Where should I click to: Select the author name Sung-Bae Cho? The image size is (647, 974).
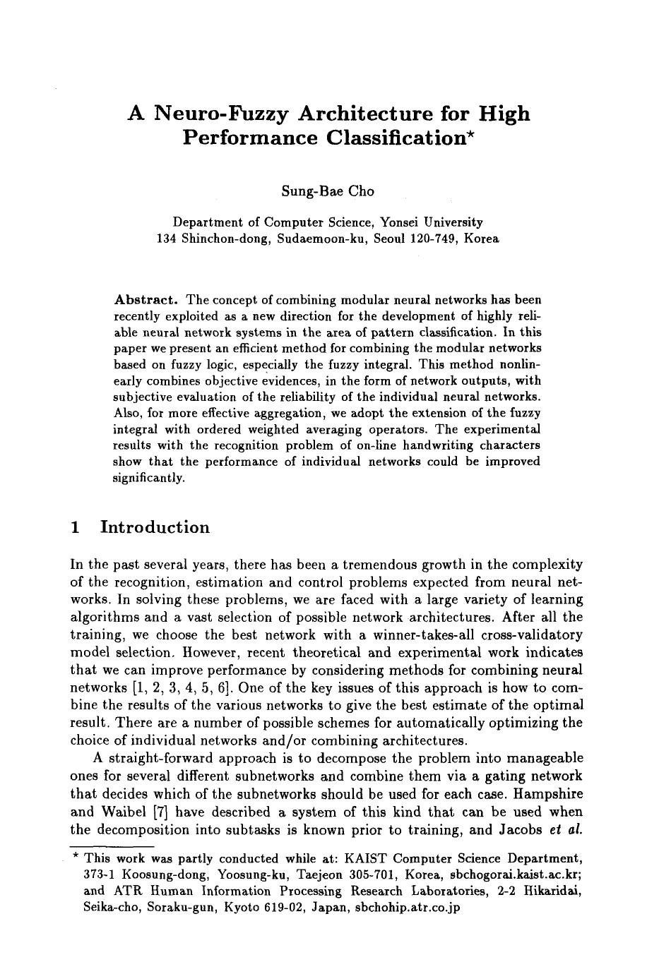coord(328,191)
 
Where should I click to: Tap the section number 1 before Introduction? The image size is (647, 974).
coord(76,528)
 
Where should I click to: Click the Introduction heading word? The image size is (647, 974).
coord(155,528)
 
